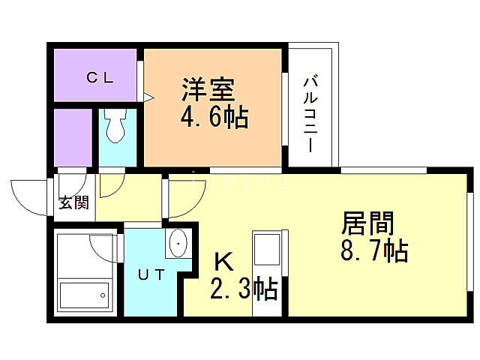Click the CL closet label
coord(98,76)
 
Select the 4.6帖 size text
coord(214,117)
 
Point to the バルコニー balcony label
coord(310,112)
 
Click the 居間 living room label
coord(368,223)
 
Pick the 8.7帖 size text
coord(373,251)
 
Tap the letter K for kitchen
coord(223,261)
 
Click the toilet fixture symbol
coord(115,127)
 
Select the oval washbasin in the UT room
coord(178,244)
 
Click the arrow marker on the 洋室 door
coord(148,96)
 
